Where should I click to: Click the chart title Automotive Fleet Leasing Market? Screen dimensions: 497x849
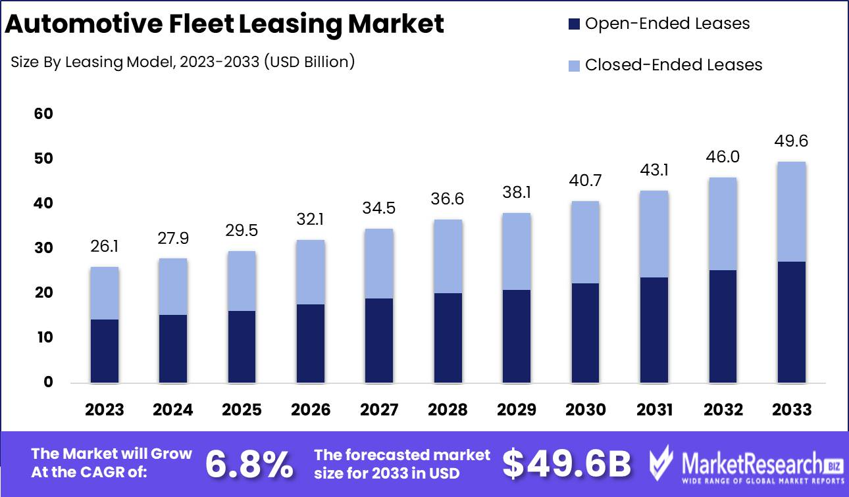pos(224,24)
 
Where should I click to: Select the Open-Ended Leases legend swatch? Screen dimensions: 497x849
pos(574,24)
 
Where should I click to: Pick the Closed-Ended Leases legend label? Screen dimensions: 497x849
pos(673,65)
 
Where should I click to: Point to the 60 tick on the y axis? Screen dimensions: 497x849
pos(43,114)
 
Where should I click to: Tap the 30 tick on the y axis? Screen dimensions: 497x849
pos(43,248)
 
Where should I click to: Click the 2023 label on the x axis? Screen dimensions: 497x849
pos(105,410)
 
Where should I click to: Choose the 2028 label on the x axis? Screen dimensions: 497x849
pos(448,410)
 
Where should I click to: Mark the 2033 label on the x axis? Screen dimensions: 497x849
pos(792,410)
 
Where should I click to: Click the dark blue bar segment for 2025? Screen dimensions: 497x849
pos(242,346)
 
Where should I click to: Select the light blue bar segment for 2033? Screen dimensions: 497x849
pos(792,212)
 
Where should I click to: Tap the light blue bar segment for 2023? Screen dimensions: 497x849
pos(105,293)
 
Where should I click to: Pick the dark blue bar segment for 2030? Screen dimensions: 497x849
pos(585,333)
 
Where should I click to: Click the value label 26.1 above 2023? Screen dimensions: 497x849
pos(105,247)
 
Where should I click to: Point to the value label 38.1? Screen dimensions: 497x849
pos(517,193)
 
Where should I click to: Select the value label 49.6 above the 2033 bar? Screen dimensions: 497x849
pos(792,141)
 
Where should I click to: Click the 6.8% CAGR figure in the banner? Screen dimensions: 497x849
pos(249,463)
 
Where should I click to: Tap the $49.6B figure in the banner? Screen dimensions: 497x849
pos(567,463)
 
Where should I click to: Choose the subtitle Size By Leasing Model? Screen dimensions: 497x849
pos(183,62)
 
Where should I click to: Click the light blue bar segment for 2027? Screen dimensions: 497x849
pos(379,264)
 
